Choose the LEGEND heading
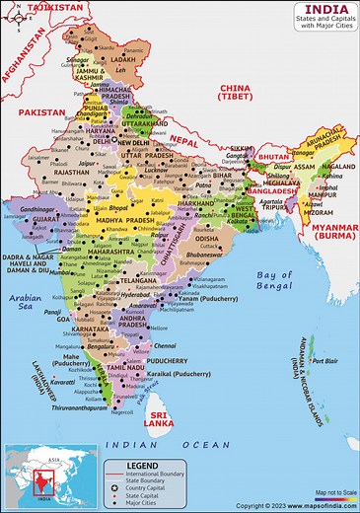pos(142,465)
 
